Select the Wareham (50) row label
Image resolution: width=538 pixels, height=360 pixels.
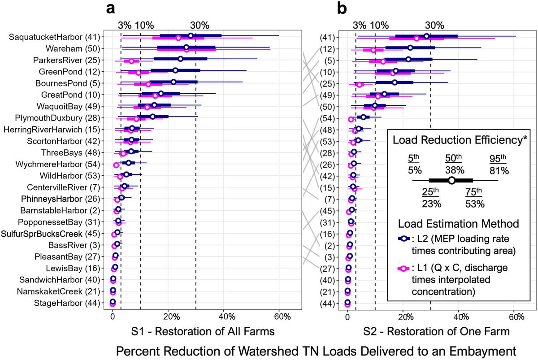pyautogui.click(x=75, y=48)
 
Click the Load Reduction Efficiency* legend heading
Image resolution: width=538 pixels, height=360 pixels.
pyautogui.click(x=460, y=140)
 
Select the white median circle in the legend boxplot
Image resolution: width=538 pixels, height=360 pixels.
pyautogui.click(x=451, y=180)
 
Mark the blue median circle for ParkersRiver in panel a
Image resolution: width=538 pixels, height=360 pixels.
pyautogui.click(x=180, y=59)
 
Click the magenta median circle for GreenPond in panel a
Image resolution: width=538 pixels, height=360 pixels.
pyautogui.click(x=138, y=72)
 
